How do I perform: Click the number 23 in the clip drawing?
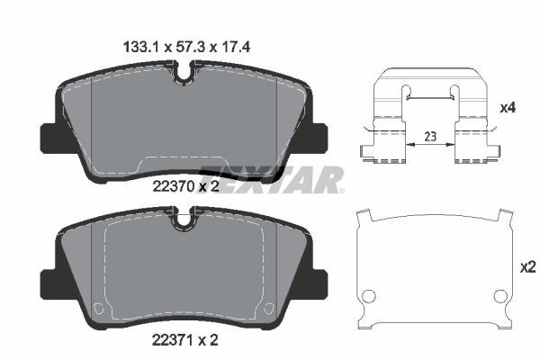tap(430, 138)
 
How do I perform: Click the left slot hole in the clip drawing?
tap(405, 92)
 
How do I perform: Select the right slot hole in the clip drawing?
tap(456, 92)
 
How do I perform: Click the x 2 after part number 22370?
tap(209, 186)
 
